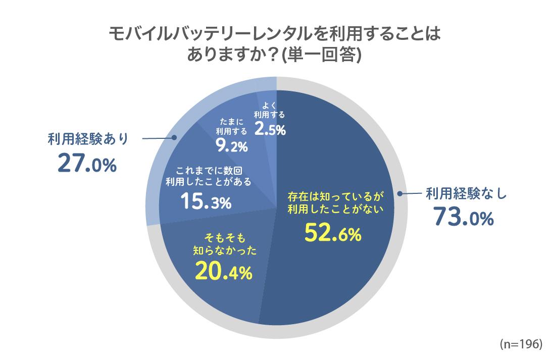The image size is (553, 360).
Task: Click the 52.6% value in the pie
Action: (x=333, y=233)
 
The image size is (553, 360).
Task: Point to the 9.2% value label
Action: (x=229, y=146)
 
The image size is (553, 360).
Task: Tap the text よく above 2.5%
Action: (x=269, y=106)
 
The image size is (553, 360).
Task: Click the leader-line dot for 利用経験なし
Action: (x=400, y=193)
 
